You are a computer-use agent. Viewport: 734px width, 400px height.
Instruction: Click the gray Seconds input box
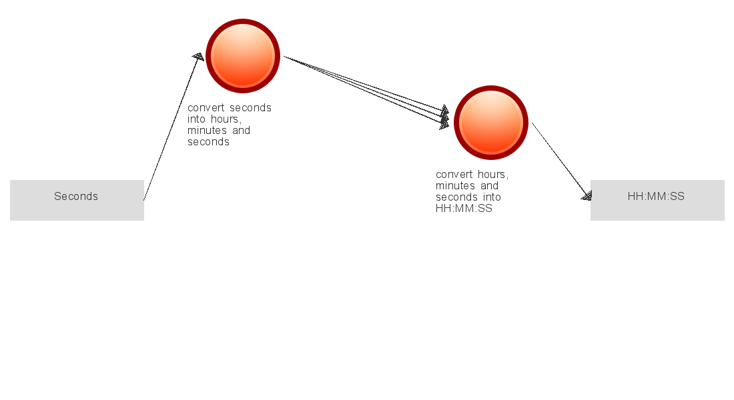click(x=77, y=200)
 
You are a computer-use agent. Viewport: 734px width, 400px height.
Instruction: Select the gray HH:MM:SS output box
click(x=657, y=200)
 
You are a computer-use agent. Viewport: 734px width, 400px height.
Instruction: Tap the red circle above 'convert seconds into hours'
click(x=243, y=56)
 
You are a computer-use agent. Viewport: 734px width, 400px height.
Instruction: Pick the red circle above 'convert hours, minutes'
click(x=491, y=123)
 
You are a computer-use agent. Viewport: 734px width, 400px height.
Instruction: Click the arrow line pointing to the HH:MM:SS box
click(x=562, y=161)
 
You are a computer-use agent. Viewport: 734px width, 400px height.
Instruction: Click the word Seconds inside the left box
click(x=76, y=196)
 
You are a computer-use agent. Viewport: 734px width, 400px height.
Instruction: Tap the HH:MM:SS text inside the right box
click(x=656, y=196)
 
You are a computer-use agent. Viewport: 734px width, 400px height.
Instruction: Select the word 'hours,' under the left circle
click(x=226, y=119)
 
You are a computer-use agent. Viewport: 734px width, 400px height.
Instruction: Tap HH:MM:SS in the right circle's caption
click(x=464, y=209)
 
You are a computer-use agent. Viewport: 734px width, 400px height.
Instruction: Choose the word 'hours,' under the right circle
click(x=492, y=175)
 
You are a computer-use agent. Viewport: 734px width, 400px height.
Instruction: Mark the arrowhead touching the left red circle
click(x=198, y=57)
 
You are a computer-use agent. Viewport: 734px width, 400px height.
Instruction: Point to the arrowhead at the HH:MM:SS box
click(x=587, y=195)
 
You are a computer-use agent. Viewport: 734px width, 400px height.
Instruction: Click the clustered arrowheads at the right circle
click(x=444, y=117)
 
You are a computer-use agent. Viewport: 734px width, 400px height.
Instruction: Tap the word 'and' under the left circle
click(x=241, y=131)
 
